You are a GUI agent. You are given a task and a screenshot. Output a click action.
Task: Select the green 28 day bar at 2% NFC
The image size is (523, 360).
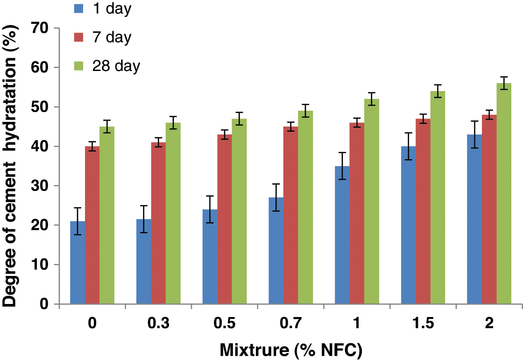(504, 194)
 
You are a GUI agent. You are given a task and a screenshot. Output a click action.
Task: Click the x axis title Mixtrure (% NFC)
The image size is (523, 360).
(291, 349)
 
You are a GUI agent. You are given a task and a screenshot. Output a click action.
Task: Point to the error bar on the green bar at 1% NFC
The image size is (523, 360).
(372, 99)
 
